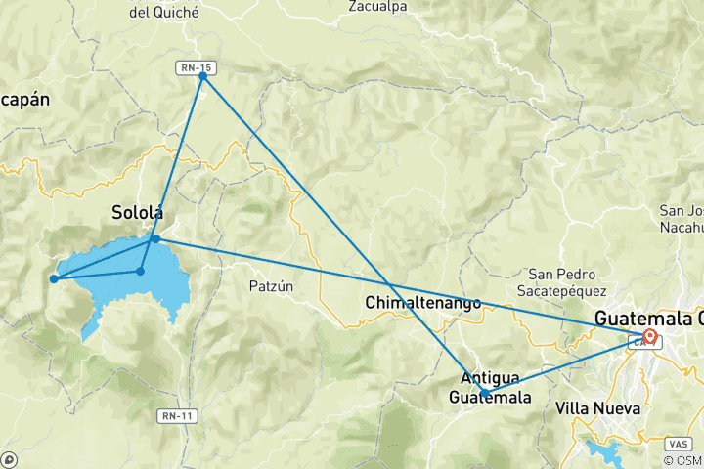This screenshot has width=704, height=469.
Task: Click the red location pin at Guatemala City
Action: click(649, 337)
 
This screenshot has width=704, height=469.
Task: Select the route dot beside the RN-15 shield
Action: click(202, 76)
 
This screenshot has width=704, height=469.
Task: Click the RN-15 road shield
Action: click(195, 66)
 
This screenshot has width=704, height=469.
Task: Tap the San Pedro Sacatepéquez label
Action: click(567, 281)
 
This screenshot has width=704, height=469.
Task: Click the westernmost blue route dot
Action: click(54, 279)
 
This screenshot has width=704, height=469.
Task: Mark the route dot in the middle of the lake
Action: click(141, 271)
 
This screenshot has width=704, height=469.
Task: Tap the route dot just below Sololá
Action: click(155, 238)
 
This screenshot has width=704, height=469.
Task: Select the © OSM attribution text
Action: click(682, 460)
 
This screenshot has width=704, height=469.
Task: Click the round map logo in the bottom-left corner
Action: click(9, 459)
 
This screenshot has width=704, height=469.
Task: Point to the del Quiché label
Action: click(163, 13)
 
